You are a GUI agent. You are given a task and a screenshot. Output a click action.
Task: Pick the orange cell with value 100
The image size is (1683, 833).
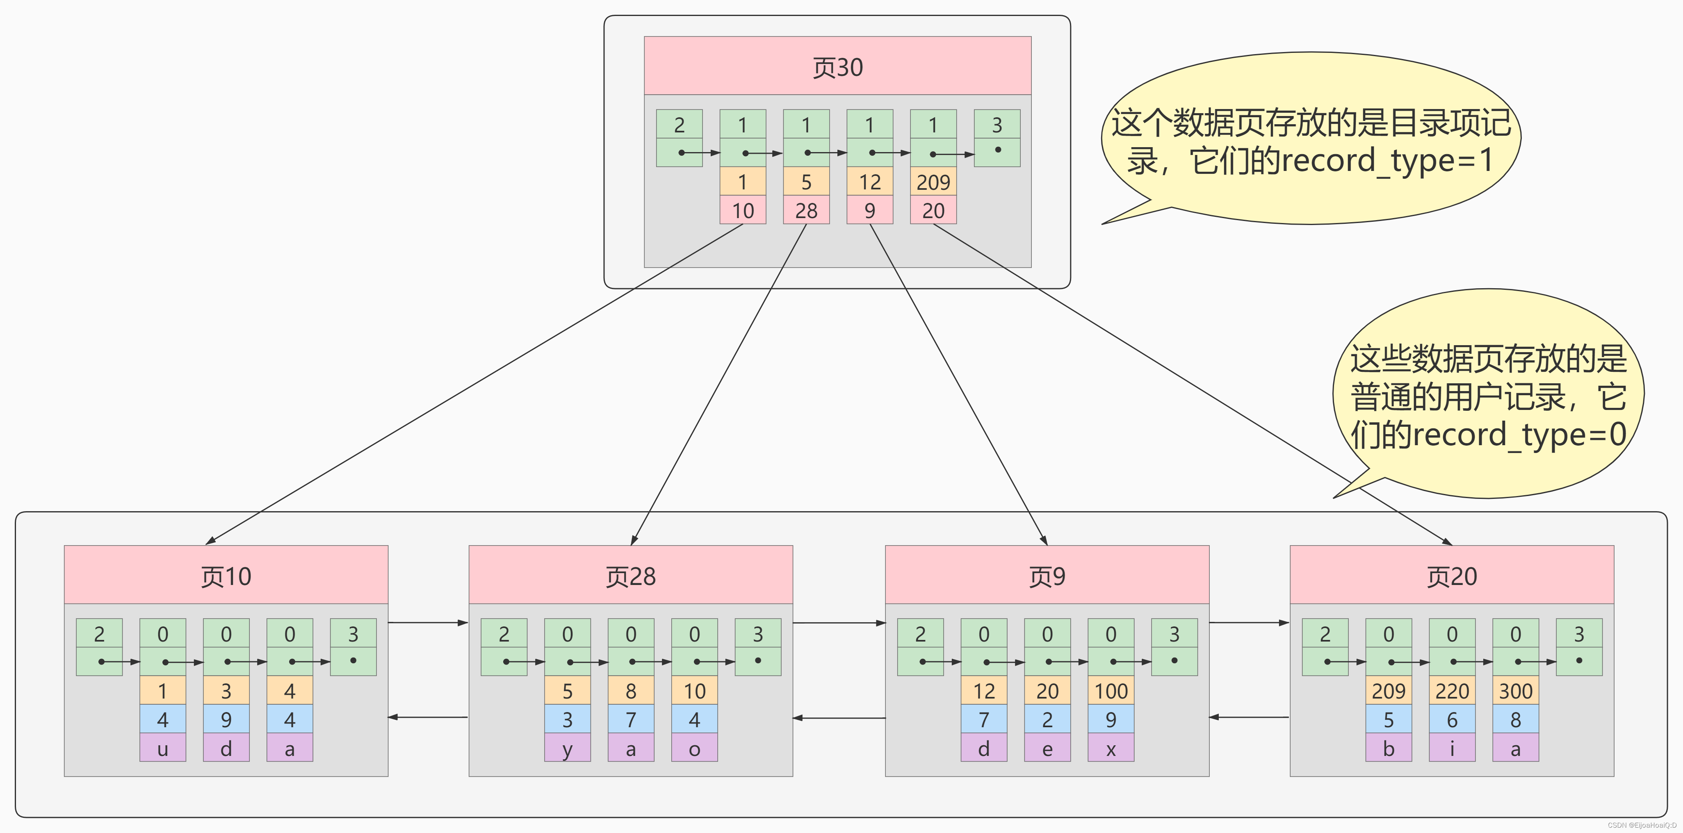tap(1110, 691)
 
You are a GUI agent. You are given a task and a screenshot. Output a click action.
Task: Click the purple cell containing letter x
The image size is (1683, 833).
tap(1110, 748)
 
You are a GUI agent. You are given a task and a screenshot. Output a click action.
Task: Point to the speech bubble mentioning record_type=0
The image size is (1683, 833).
tap(1488, 395)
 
